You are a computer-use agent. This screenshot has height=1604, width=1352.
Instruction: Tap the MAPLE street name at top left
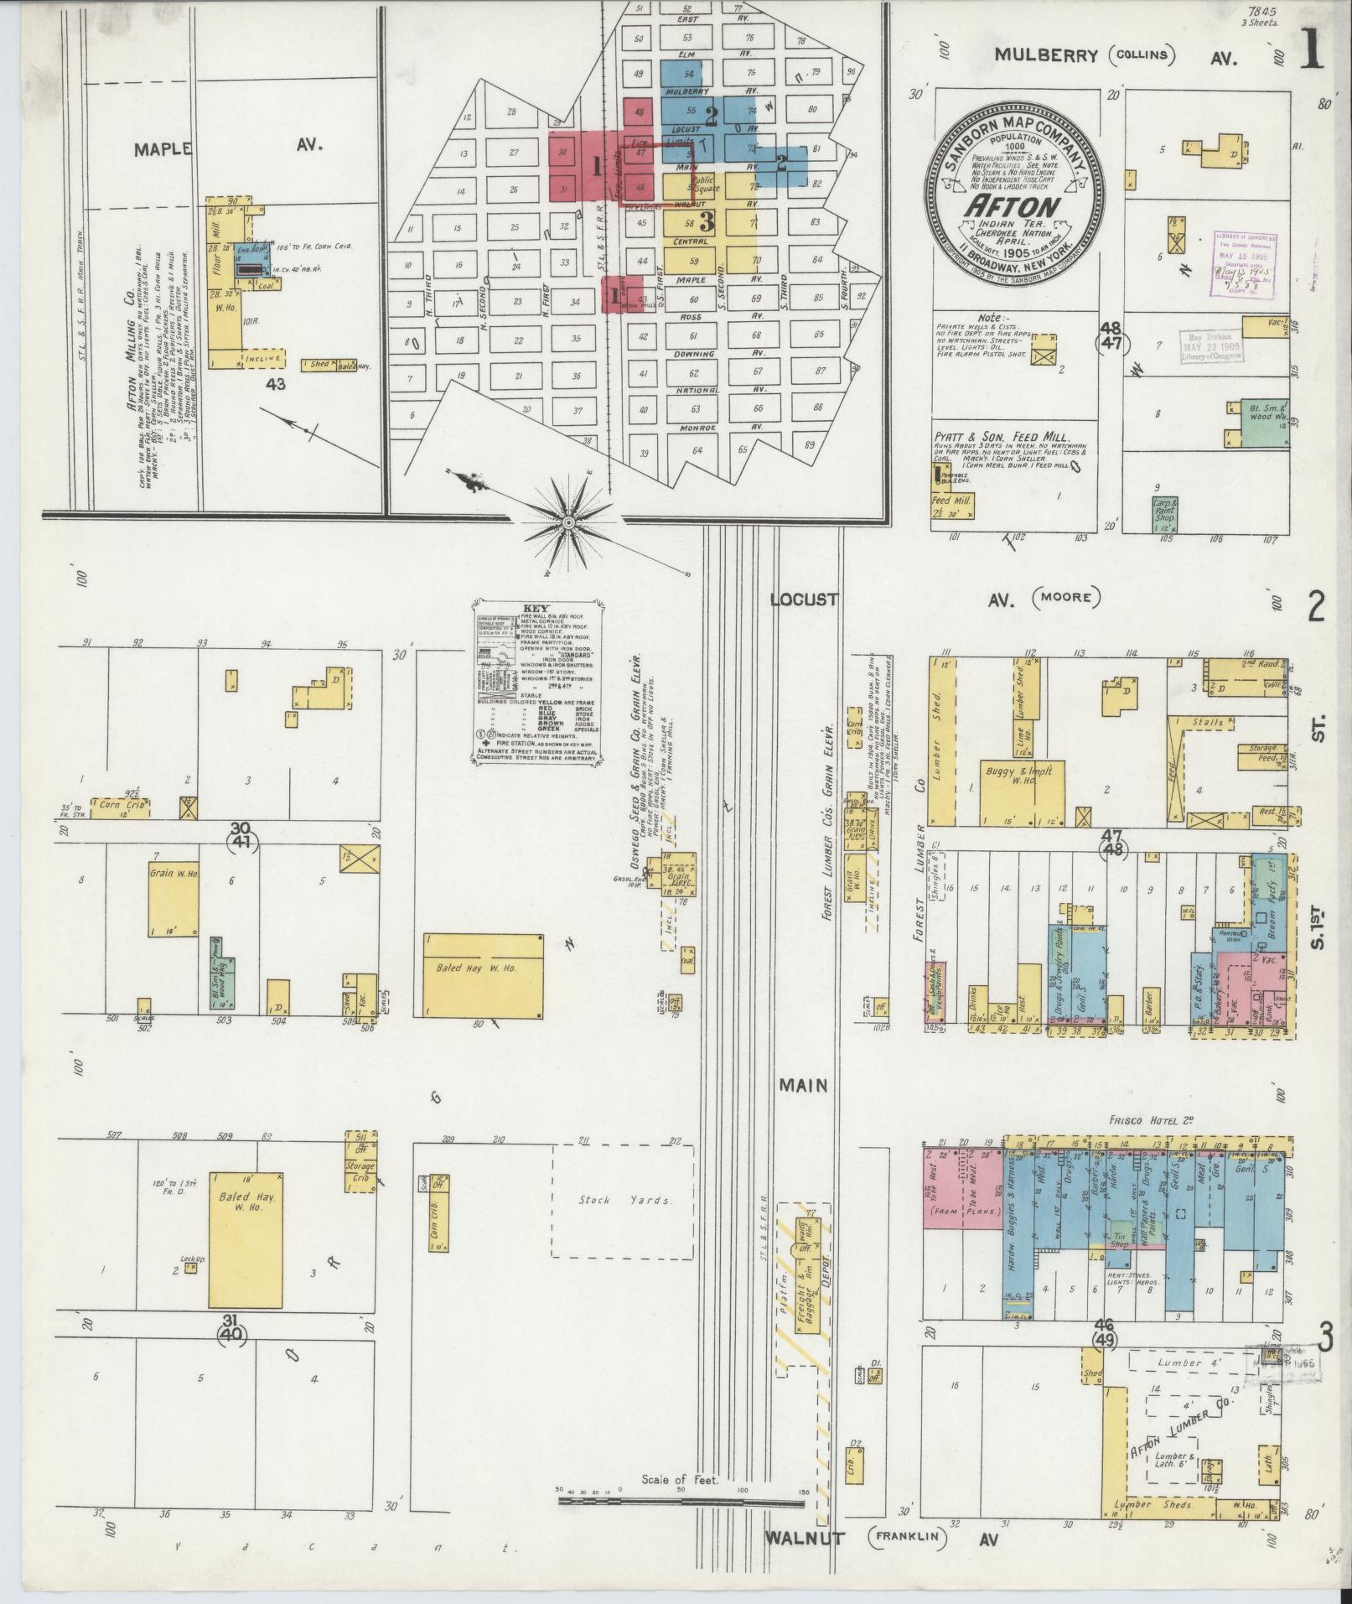tap(162, 148)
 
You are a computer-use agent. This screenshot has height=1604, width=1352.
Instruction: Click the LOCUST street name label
tap(805, 600)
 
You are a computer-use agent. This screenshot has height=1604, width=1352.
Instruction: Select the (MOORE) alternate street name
tap(1066, 599)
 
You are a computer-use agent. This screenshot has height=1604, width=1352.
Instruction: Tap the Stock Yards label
tap(624, 1200)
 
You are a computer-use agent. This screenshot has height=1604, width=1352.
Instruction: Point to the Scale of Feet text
tap(681, 1479)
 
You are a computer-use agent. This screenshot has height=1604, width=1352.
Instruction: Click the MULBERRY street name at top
tap(1046, 55)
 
